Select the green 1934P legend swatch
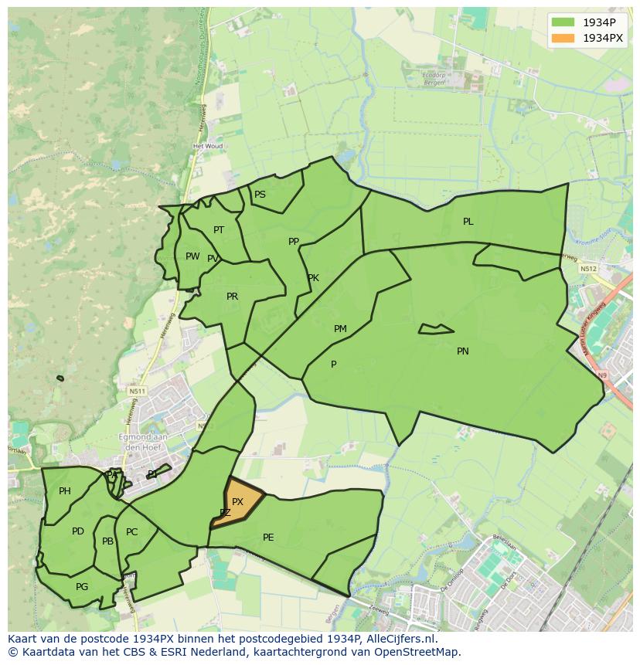pyautogui.click(x=562, y=22)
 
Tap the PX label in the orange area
pyautogui.click(x=237, y=502)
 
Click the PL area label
pyautogui.click(x=468, y=222)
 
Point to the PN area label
pyautogui.click(x=462, y=351)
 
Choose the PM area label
pyautogui.click(x=340, y=329)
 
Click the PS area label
pyautogui.click(x=260, y=195)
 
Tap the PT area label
pyautogui.click(x=219, y=230)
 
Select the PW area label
pyautogui.click(x=192, y=256)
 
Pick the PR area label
pyautogui.click(x=232, y=297)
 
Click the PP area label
pyautogui.click(x=293, y=242)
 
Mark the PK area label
pyautogui.click(x=313, y=278)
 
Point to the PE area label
pyautogui.click(x=268, y=538)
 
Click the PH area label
pyautogui.click(x=65, y=491)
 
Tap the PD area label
pyautogui.click(x=77, y=531)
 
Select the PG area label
pyautogui.click(x=82, y=587)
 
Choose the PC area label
pyautogui.click(x=131, y=532)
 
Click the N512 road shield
pyautogui.click(x=588, y=269)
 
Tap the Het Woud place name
pyautogui.click(x=207, y=146)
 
